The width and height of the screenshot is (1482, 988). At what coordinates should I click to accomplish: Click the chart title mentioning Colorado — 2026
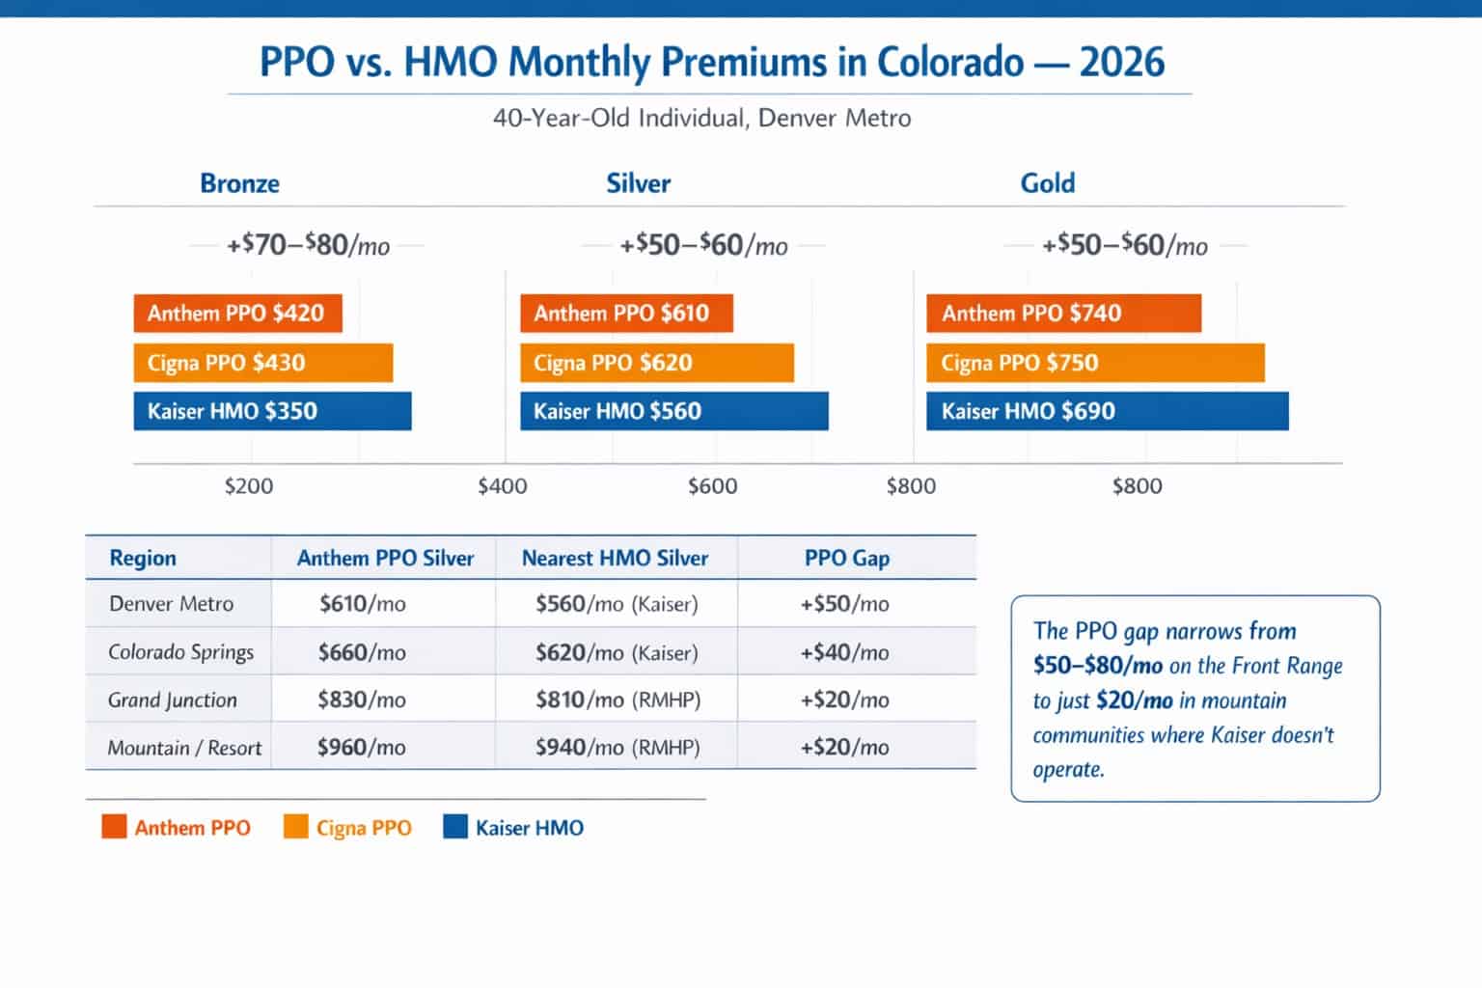click(x=711, y=63)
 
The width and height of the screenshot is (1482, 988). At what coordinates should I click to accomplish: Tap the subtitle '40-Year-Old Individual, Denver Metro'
click(x=701, y=119)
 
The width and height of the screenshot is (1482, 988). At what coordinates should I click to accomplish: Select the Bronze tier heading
click(x=239, y=183)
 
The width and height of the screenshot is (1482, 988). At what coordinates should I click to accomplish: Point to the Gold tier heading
click(x=1047, y=183)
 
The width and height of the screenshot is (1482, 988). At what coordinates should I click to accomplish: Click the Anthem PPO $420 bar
click(x=237, y=314)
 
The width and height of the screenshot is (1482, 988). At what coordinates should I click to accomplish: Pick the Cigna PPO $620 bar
click(x=656, y=363)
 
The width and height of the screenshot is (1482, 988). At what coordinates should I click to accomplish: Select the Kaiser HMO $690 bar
click(x=1107, y=411)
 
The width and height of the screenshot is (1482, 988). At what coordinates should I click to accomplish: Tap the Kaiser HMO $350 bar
click(x=272, y=411)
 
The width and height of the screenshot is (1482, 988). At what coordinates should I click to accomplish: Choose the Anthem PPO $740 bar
click(x=1063, y=314)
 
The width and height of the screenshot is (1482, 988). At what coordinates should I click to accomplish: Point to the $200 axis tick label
click(x=249, y=486)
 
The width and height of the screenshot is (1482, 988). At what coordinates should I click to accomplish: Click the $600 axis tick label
click(x=712, y=486)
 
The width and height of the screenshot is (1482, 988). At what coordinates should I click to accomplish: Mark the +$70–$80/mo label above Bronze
click(x=308, y=246)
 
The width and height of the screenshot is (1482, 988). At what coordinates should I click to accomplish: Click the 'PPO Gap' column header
click(x=846, y=559)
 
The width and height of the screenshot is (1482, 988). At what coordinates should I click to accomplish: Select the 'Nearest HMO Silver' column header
click(x=615, y=559)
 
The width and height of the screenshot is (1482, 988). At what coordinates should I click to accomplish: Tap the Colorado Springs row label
click(x=180, y=652)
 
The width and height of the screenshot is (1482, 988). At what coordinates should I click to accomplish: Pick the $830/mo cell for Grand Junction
click(x=361, y=700)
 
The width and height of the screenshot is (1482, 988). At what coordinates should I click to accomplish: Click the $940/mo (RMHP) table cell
click(x=617, y=748)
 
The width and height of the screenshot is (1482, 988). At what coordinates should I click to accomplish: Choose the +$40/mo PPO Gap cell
click(x=844, y=652)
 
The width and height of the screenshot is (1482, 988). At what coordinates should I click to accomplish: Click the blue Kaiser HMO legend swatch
click(x=454, y=827)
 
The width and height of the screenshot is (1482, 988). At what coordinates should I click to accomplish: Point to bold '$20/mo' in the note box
click(x=1135, y=700)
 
